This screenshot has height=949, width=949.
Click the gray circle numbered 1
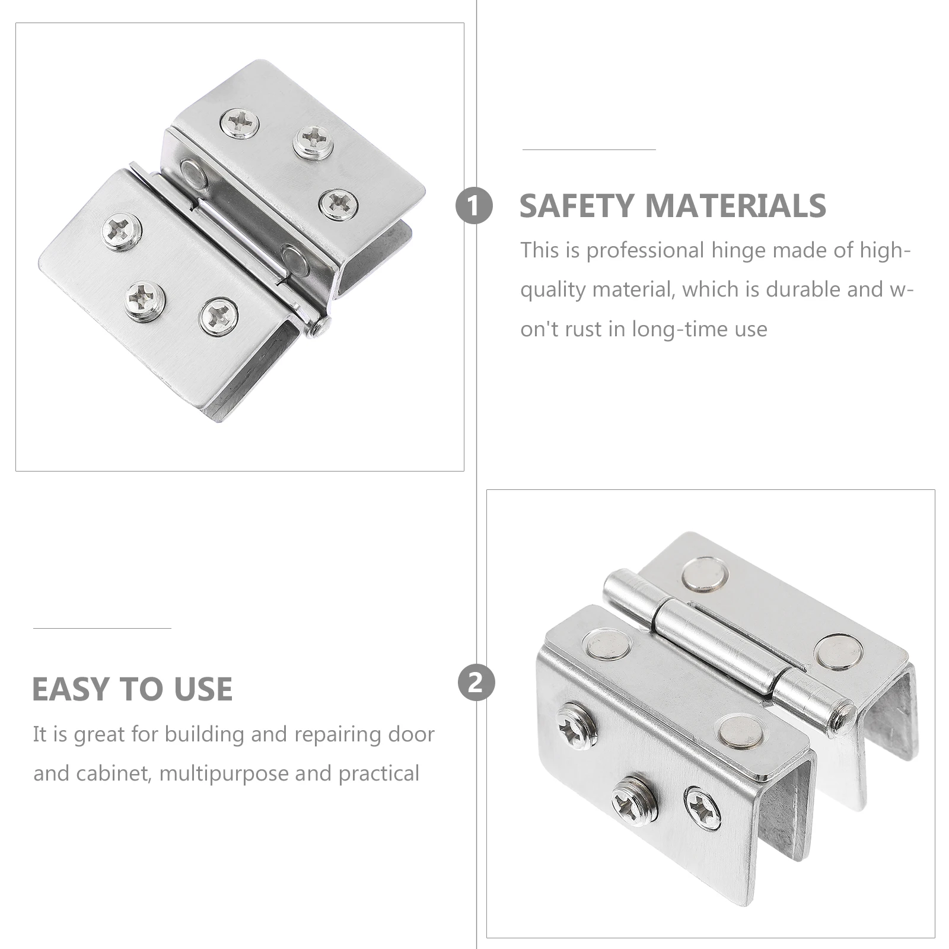[474, 206]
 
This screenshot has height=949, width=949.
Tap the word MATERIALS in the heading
[735, 206]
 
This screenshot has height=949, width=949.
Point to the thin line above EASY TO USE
[102, 628]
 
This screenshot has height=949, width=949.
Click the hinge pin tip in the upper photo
[322, 324]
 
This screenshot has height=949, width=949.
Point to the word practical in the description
[379, 773]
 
